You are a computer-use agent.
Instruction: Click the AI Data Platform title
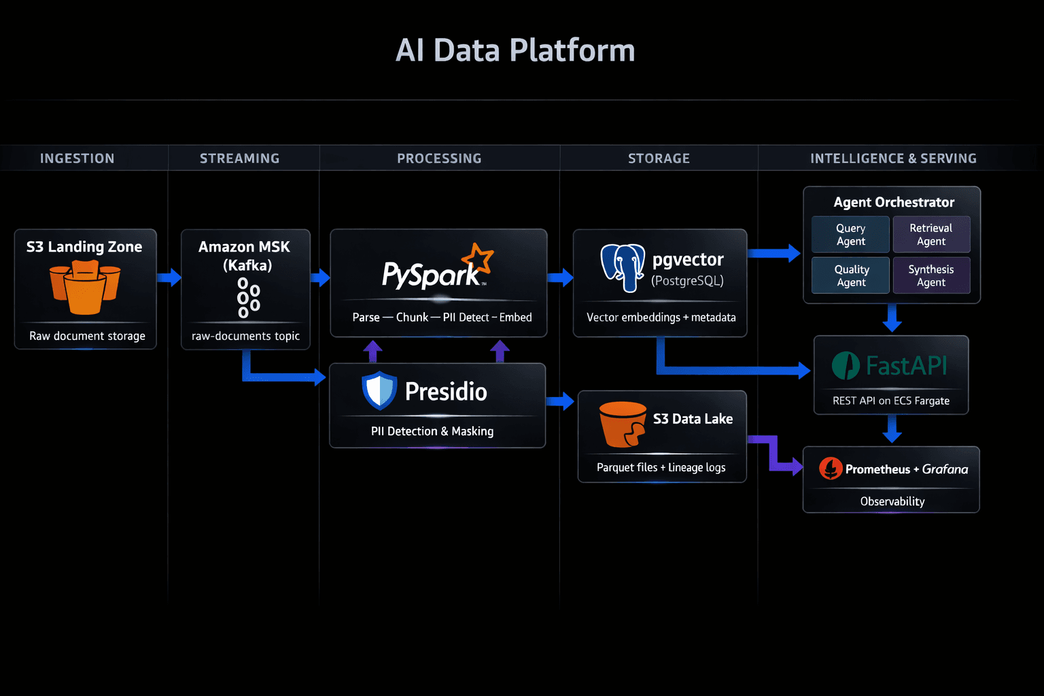[x=515, y=50]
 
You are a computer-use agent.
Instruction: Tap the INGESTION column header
[x=77, y=158]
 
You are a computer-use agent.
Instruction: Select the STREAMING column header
[x=239, y=158]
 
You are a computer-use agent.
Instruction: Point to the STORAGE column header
[x=659, y=158]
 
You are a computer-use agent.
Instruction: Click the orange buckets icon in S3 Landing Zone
[x=85, y=288]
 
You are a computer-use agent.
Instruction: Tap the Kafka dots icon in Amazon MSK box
[x=247, y=298]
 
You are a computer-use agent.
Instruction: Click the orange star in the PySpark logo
[x=478, y=259]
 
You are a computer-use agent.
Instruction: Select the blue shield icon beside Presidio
[x=379, y=391]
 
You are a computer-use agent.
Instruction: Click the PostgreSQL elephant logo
[x=623, y=267]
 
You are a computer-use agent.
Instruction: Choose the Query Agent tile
[x=850, y=234]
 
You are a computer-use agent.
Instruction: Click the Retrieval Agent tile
[x=930, y=234]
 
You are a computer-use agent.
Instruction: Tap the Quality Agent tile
[x=850, y=275]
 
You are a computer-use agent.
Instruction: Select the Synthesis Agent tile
[x=930, y=275]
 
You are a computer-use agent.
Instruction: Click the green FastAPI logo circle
[x=846, y=366]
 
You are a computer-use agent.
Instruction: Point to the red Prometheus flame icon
[x=830, y=468]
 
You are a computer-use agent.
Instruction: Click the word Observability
[x=892, y=502]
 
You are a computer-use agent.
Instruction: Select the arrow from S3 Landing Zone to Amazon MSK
[x=169, y=277]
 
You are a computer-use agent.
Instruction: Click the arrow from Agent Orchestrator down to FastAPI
[x=892, y=318]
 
